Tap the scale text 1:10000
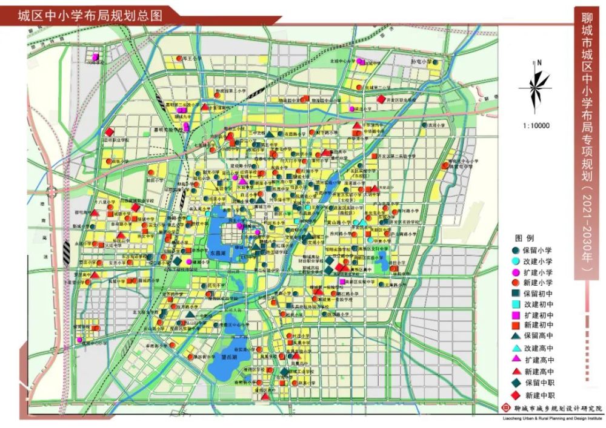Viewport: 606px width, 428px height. click(x=534, y=126)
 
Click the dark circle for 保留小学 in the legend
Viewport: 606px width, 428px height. click(x=516, y=249)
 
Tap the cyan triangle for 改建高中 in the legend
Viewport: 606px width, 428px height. click(x=516, y=349)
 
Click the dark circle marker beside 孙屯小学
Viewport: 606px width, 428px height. click(x=435, y=62)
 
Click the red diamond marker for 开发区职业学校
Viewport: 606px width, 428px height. click(x=381, y=99)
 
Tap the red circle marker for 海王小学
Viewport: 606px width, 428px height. click(x=180, y=59)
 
